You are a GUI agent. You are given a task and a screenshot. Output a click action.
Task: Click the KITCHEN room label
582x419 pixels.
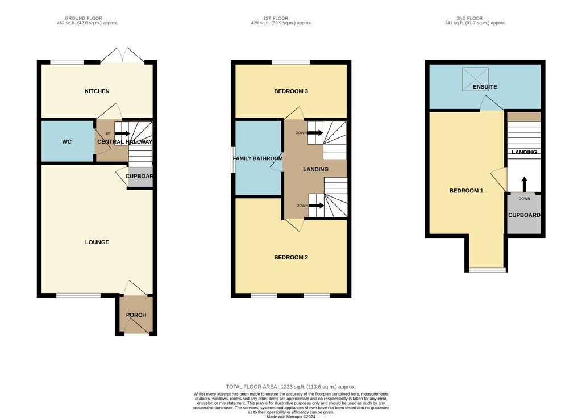(97, 91)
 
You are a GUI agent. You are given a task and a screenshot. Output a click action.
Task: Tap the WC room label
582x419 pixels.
(67, 141)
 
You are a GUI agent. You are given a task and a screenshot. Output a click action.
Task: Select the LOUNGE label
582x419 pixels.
(97, 242)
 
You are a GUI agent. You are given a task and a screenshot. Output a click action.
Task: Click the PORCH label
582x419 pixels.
(136, 315)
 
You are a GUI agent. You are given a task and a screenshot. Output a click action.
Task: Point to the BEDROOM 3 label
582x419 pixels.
(291, 91)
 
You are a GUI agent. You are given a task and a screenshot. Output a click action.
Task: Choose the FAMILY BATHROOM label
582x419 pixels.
(257, 158)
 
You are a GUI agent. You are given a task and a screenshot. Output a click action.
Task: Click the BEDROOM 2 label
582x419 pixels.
(291, 257)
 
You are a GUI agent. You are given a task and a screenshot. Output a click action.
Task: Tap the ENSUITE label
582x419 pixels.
(485, 87)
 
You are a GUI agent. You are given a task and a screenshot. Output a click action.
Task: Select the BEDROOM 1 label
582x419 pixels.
(466, 191)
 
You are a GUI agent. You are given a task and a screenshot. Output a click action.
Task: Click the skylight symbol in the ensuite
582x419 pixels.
(475, 79)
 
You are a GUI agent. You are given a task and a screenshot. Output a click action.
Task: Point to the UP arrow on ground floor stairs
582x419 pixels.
(122, 133)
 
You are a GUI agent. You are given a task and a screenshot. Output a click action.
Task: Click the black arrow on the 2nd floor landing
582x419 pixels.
(524, 184)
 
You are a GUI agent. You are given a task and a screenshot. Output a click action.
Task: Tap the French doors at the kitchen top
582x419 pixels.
(122, 56)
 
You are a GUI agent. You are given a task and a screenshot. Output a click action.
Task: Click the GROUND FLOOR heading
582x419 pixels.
(84, 18)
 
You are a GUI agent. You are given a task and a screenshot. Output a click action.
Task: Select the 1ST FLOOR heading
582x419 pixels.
(276, 18)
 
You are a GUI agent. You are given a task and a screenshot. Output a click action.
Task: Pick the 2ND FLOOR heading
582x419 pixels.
(469, 18)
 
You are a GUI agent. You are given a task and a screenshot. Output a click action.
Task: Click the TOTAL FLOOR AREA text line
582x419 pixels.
(291, 387)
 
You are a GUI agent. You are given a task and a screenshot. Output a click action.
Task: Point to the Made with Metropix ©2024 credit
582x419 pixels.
(291, 417)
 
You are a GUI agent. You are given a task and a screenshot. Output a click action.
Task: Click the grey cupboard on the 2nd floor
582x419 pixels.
(523, 214)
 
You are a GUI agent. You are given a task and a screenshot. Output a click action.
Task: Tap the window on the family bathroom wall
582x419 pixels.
(233, 161)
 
